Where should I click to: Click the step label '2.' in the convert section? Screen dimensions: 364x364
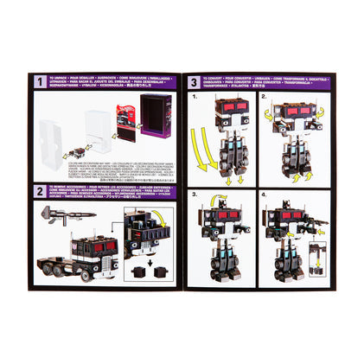tap(264, 97)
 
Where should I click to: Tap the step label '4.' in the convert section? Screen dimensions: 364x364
tap(264, 197)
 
